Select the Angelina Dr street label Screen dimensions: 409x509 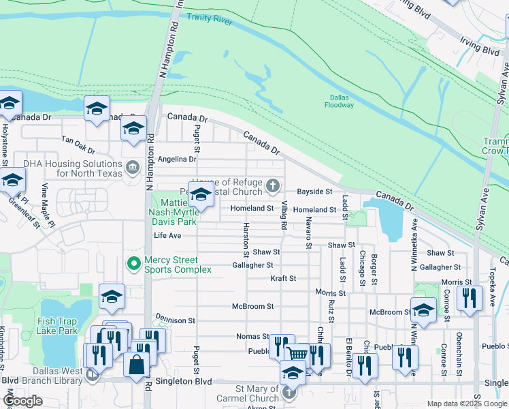177,160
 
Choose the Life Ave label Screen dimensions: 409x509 167,235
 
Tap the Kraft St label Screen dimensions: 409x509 283,278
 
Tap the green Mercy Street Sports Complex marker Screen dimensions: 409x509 133,262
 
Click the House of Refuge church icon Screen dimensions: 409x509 272,185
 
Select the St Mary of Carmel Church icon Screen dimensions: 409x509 291,393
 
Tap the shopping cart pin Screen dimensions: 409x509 297,354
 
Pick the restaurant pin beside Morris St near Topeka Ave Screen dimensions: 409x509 469,297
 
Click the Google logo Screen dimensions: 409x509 23,401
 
